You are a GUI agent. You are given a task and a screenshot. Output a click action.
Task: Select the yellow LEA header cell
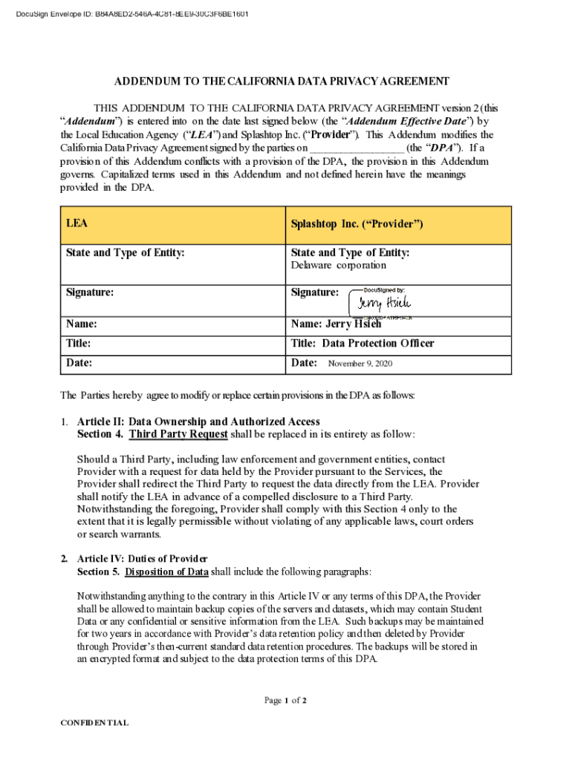[x=172, y=225]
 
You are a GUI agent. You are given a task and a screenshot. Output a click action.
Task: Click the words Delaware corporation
[x=338, y=265]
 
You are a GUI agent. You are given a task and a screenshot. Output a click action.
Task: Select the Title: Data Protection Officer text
[x=363, y=344]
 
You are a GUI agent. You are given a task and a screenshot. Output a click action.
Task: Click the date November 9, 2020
[x=360, y=364]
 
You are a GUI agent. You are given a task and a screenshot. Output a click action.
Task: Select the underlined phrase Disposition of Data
[x=167, y=571]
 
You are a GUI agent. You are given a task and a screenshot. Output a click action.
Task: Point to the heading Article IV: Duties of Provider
[x=142, y=558]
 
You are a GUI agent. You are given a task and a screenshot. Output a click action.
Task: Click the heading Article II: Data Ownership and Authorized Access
[x=198, y=422]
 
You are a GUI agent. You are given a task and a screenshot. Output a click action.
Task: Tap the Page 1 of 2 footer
[x=285, y=700]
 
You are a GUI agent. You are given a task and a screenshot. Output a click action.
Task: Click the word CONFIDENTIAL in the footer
[x=94, y=723]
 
